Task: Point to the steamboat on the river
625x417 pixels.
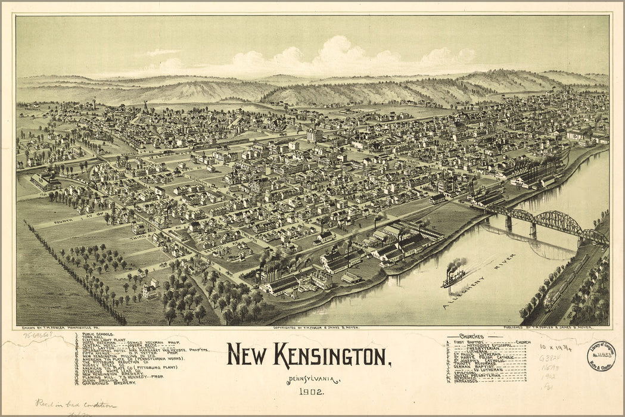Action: click(454, 276)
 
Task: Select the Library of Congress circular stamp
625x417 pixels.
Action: click(601, 356)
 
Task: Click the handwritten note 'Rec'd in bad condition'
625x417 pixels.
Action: click(75, 404)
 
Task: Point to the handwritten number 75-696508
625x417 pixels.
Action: click(36, 335)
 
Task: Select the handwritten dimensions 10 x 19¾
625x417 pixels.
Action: click(555, 347)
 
